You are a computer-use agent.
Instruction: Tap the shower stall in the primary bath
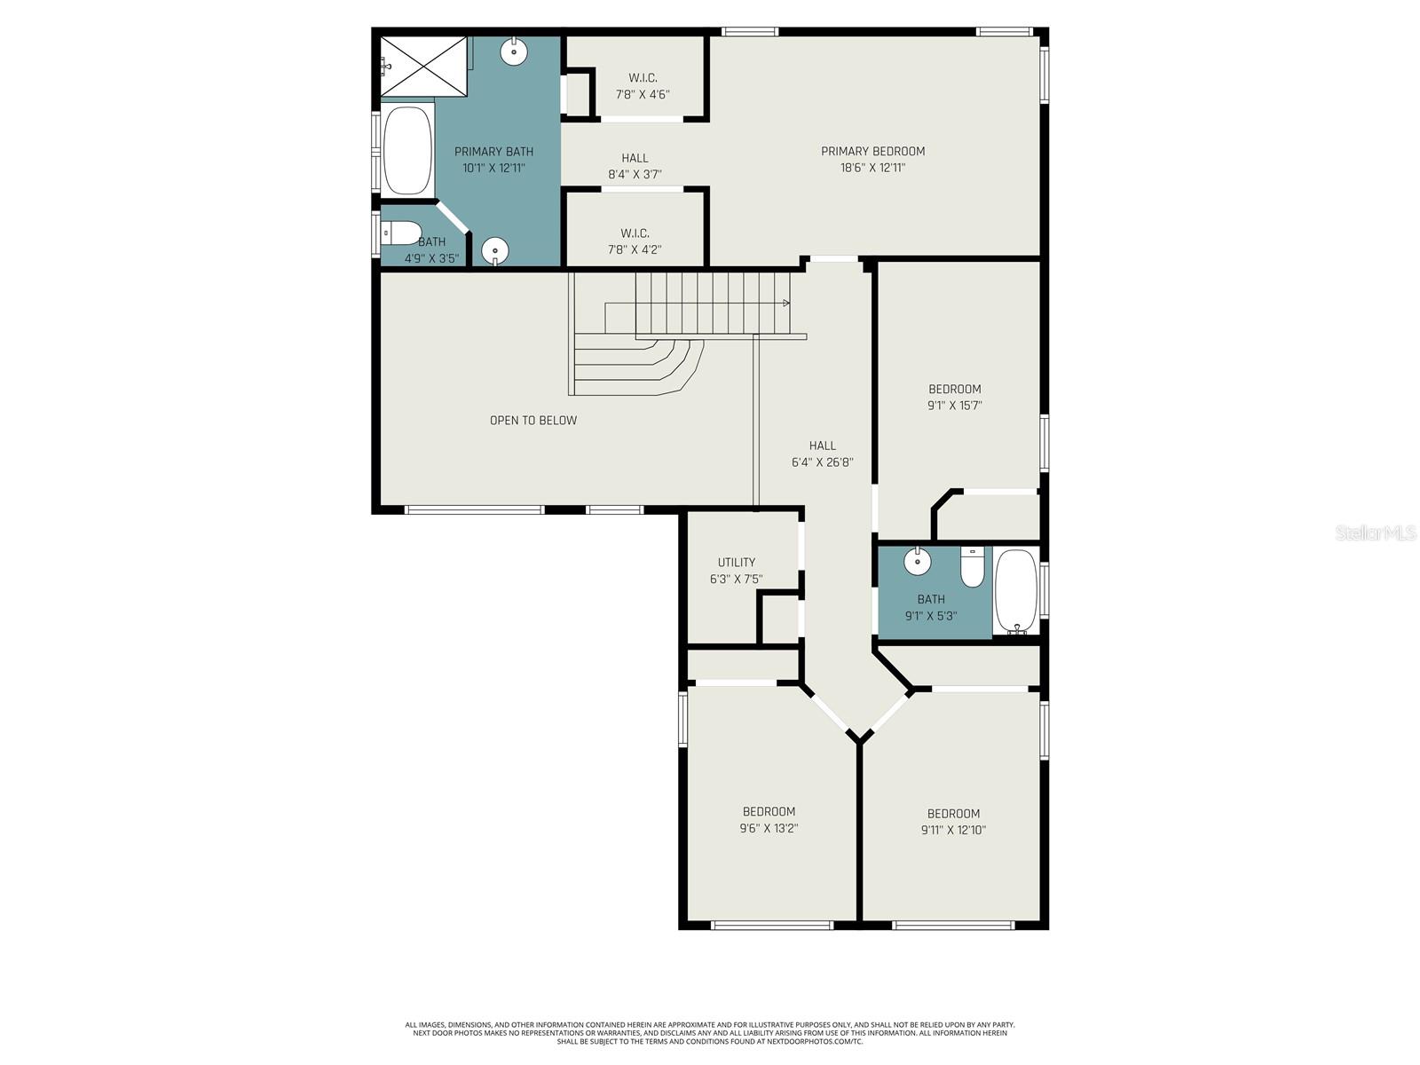[x=423, y=67]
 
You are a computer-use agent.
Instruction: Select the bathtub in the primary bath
[x=407, y=151]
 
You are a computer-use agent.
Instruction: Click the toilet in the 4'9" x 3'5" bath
[x=401, y=233]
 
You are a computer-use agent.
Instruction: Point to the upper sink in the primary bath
[x=514, y=51]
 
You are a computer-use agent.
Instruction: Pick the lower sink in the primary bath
[x=495, y=251]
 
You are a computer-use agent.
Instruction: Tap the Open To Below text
[x=533, y=421]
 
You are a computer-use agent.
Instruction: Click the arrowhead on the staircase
[x=786, y=304]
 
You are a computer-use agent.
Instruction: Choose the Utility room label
[x=737, y=563]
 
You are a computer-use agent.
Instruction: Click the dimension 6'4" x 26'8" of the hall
[x=823, y=462]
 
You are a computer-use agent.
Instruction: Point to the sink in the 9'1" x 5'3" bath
[x=917, y=562]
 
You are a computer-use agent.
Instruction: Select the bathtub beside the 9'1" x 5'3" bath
[x=1015, y=590]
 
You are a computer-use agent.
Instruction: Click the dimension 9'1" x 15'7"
[x=954, y=406]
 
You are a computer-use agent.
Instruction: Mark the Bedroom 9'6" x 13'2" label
[x=769, y=812]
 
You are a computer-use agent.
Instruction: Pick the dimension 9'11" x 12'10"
[x=953, y=831]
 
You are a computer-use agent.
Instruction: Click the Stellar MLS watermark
[x=1376, y=533]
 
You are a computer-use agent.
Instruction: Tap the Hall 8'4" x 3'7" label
[x=635, y=158]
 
